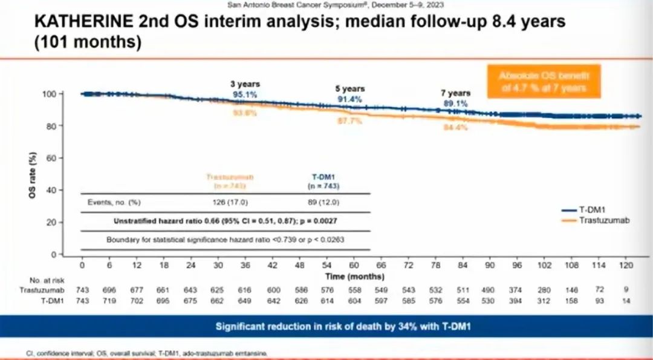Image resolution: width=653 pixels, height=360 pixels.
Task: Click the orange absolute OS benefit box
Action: (x=544, y=82)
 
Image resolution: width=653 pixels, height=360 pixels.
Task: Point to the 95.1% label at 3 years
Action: (x=244, y=94)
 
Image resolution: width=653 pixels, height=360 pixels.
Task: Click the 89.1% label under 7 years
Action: (x=455, y=103)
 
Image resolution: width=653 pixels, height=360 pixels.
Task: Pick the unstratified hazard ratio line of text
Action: (x=225, y=221)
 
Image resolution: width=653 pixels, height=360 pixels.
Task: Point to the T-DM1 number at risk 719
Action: (x=109, y=301)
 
